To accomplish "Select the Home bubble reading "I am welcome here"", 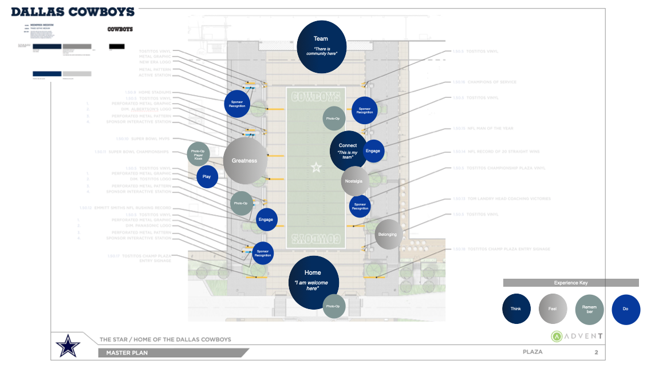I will pyautogui.click(x=313, y=283).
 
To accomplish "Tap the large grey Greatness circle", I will pyautogui.click(x=244, y=161).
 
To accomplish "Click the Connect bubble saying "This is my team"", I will pyautogui.click(x=348, y=150).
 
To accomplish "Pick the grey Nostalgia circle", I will pyautogui.click(x=354, y=181).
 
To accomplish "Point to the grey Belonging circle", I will pyautogui.click(x=388, y=234).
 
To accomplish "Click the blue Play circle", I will pyautogui.click(x=207, y=176).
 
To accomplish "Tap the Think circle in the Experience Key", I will pyautogui.click(x=516, y=309).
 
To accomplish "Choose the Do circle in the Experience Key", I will pyautogui.click(x=625, y=309).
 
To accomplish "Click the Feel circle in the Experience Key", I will pyautogui.click(x=553, y=309).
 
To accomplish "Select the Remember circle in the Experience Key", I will pyautogui.click(x=589, y=309).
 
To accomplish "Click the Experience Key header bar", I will pyautogui.click(x=571, y=283).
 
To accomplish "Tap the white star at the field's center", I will pyautogui.click(x=315, y=167).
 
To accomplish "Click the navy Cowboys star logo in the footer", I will pyautogui.click(x=68, y=346).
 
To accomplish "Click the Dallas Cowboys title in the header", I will pyautogui.click(x=73, y=12).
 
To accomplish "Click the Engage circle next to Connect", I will pyautogui.click(x=373, y=151).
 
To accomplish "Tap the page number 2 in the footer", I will pyautogui.click(x=596, y=352).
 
